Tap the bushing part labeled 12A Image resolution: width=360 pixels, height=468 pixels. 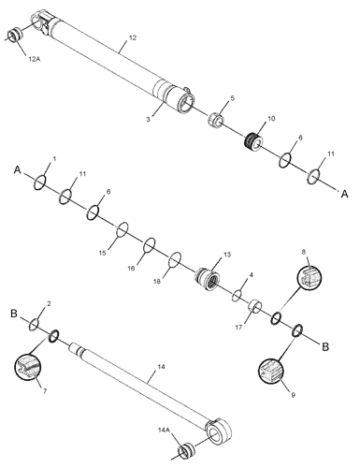pyautogui.click(x=15, y=37)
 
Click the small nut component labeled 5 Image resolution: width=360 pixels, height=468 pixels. pyautogui.click(x=214, y=120)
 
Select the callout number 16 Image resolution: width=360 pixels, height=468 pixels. pyautogui.click(x=131, y=269)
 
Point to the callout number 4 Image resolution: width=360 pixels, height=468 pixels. pyautogui.click(x=251, y=276)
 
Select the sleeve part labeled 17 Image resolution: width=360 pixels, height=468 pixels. pyautogui.click(x=252, y=310)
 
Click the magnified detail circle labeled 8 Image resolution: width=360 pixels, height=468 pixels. pyautogui.click(x=310, y=278)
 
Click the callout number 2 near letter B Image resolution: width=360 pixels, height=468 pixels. pyautogui.click(x=49, y=304)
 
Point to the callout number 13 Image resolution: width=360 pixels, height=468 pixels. pyautogui.click(x=226, y=255)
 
